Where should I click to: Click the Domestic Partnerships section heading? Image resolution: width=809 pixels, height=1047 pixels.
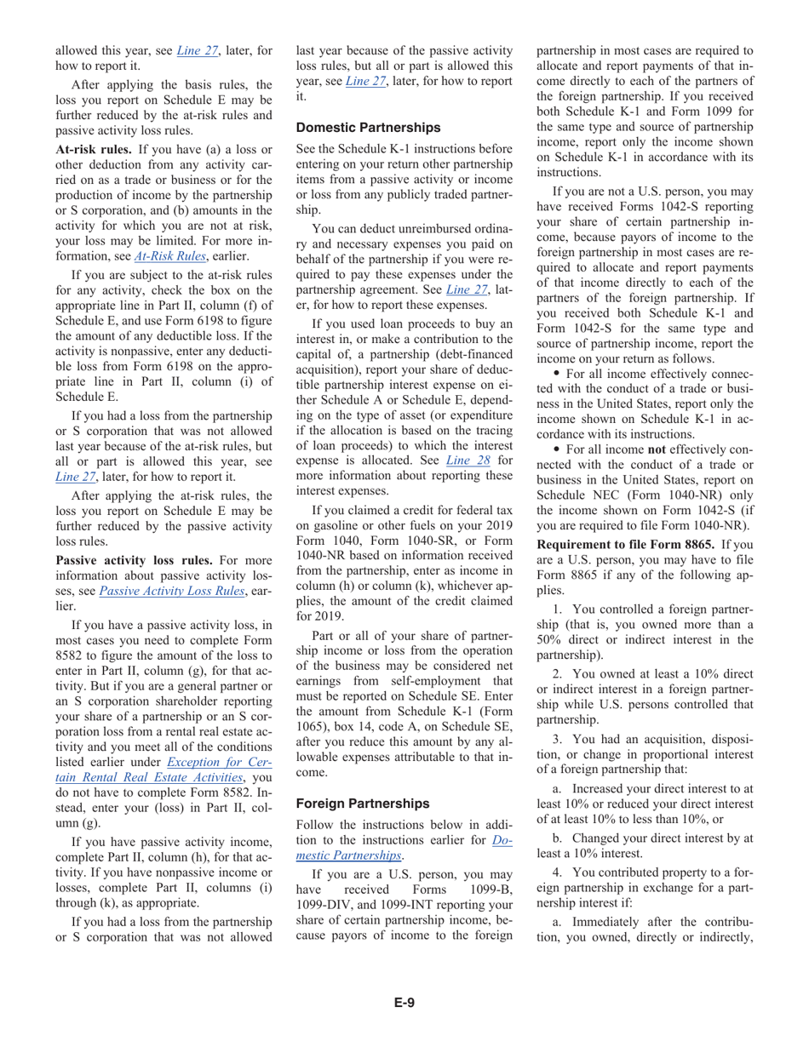pyautogui.click(x=368, y=128)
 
